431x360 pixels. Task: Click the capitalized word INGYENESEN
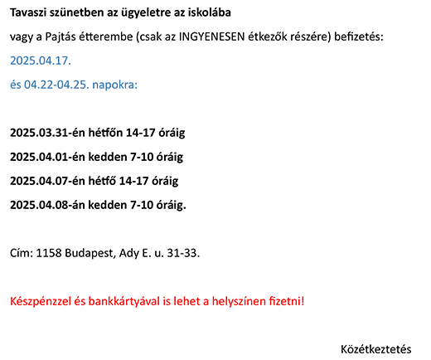click(211, 36)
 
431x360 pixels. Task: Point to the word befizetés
click(359, 36)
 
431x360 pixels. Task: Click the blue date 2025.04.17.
click(41, 61)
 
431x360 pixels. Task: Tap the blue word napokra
click(114, 85)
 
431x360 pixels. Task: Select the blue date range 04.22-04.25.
click(56, 85)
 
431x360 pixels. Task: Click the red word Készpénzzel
click(41, 302)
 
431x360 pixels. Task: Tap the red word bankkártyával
click(117, 302)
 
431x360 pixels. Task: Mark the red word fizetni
click(287, 301)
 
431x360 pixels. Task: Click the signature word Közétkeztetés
click(376, 349)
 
